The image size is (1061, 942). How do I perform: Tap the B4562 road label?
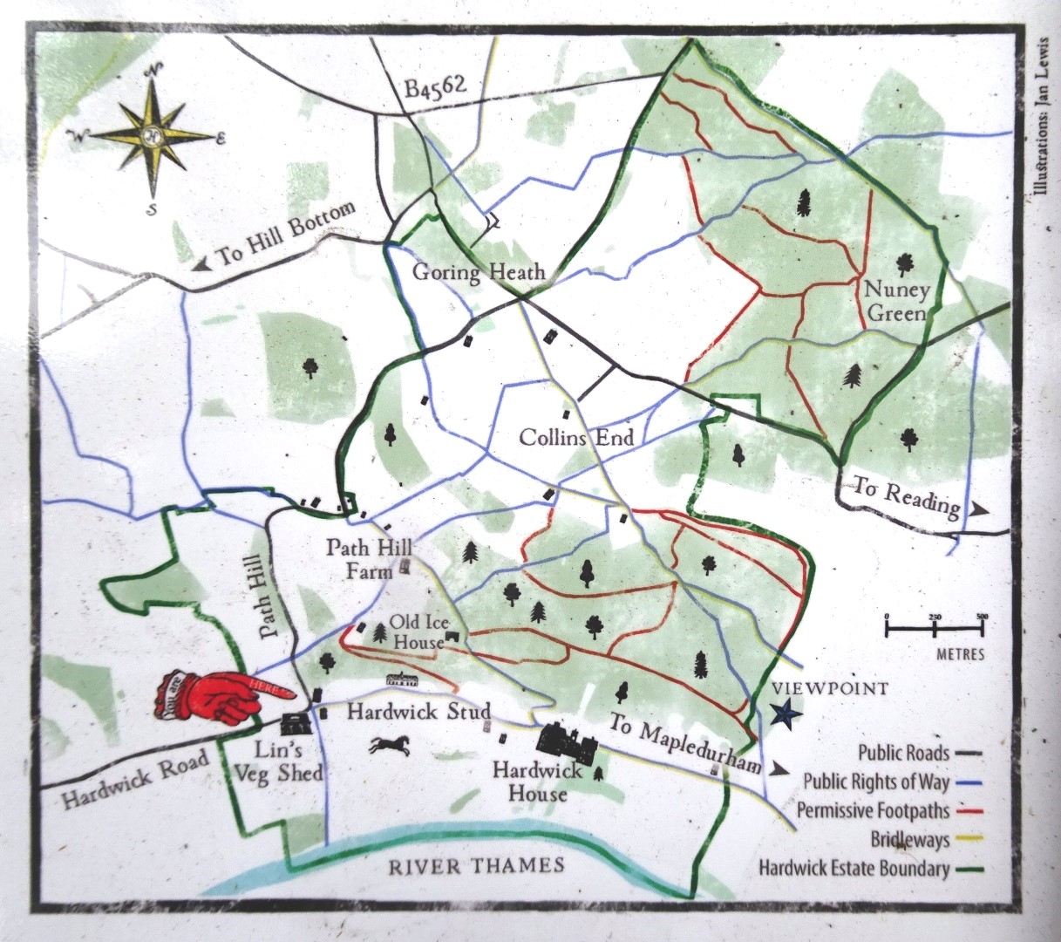pos(435,87)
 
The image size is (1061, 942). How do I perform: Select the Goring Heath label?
pos(479,272)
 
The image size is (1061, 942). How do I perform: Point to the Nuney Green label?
pos(896,301)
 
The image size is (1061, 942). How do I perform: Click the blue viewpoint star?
pos(786,714)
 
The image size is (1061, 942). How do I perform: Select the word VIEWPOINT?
pos(831,689)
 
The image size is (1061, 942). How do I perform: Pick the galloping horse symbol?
pos(391,745)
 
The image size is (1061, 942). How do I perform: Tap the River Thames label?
pos(476,866)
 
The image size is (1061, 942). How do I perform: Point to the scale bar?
pos(935,625)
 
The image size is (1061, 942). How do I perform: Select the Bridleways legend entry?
pos(910,840)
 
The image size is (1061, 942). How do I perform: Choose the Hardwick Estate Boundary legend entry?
pos(854,869)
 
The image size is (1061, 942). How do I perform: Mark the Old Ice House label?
pos(418,632)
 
